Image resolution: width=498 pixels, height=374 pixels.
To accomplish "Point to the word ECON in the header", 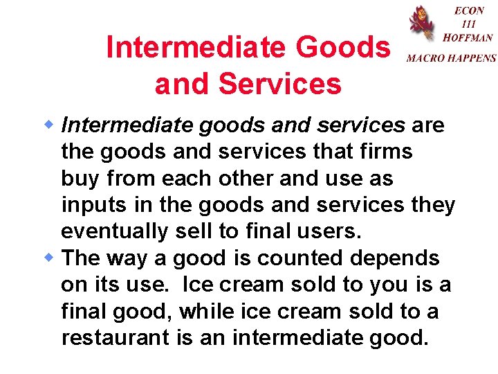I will tap(468, 11).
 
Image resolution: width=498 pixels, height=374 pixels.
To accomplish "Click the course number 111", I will tap(469, 24).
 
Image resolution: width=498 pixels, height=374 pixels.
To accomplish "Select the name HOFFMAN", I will tap(468, 38).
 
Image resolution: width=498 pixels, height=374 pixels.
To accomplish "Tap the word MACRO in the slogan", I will tap(425, 58).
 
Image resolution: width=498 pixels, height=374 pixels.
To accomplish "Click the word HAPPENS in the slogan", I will tap(472, 58).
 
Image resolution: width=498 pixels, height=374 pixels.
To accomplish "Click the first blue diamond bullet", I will tap(50, 125).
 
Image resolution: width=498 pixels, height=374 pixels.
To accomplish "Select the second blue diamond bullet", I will tap(50, 258).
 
